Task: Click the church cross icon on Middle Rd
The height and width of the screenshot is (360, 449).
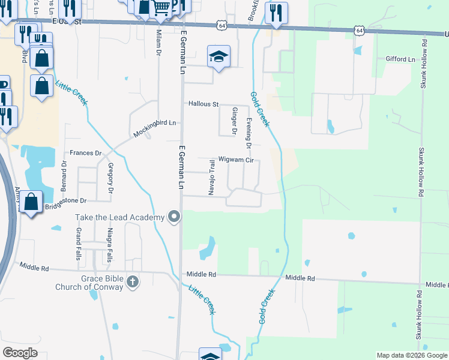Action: pos(133,281)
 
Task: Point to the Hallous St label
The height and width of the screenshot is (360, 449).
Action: pos(203,104)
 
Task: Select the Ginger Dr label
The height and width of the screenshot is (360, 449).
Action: pos(234,121)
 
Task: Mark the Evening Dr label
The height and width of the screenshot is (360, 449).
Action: pos(249,133)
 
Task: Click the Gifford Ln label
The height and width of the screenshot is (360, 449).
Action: pos(402,59)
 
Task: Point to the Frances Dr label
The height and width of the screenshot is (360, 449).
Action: pos(86,153)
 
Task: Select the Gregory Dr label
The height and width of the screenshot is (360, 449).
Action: pos(110,178)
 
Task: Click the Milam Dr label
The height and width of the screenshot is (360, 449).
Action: pos(159,42)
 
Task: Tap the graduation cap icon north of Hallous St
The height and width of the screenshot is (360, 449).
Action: pos(218,56)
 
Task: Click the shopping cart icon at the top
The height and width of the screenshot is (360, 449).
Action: pos(161,8)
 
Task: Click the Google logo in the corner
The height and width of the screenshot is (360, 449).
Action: pos(20,353)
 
